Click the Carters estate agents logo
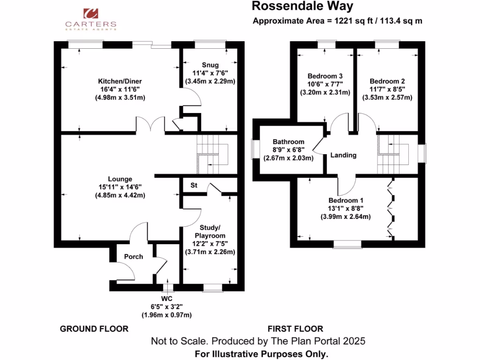point(90,18)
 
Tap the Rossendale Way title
point(302,6)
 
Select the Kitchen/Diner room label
point(113,81)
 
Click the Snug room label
point(210,65)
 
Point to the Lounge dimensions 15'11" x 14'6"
point(120,187)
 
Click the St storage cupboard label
point(194,186)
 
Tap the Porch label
point(134,256)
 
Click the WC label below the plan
point(167,299)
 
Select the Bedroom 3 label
point(325,76)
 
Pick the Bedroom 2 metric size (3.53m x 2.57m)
point(387,97)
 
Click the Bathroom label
point(289,142)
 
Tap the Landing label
point(343,155)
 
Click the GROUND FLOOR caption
point(94,329)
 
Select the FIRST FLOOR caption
point(295,329)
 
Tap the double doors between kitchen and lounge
point(150,125)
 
